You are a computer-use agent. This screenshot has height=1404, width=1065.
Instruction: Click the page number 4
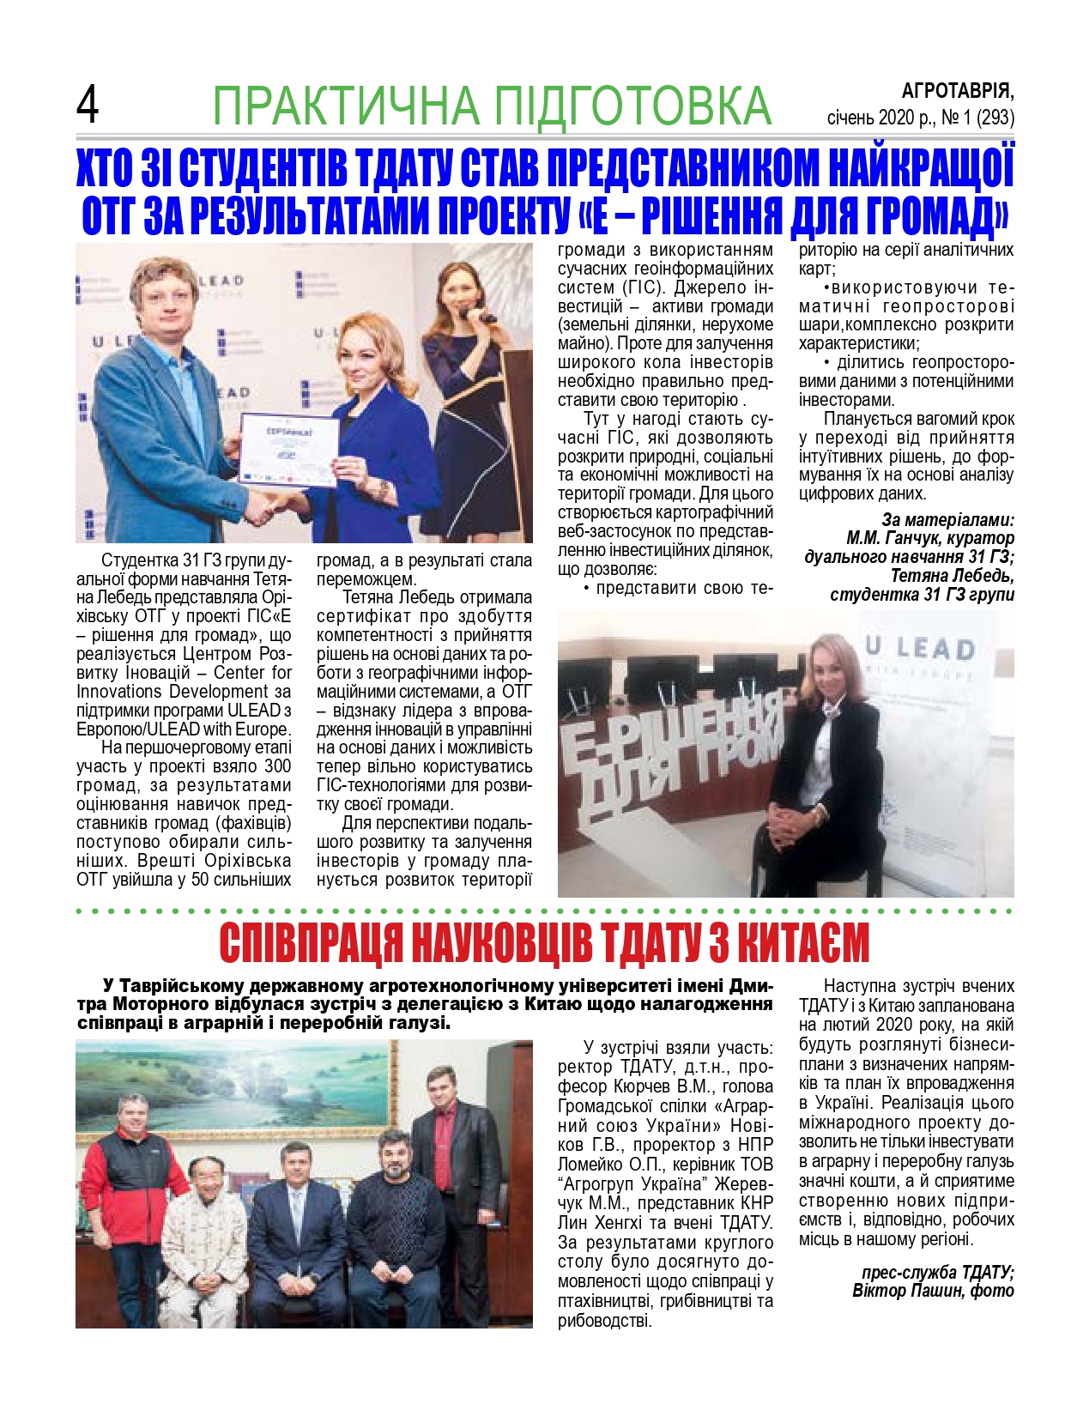88,106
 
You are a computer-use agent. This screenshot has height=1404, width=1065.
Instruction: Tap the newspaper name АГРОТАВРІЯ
957,90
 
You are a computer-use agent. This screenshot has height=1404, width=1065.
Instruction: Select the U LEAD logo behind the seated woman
919,649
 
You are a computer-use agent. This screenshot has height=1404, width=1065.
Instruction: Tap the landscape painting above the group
240,1090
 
